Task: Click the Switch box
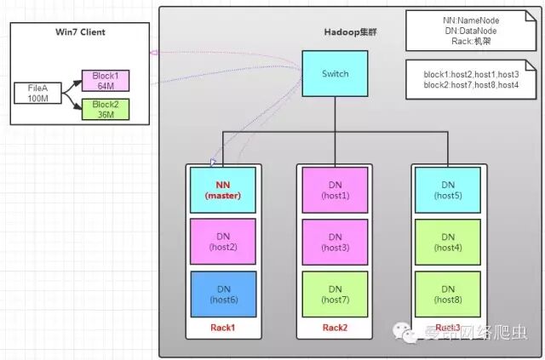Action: [x=335, y=73]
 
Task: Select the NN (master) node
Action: [x=223, y=190]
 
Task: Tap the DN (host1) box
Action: [x=335, y=190]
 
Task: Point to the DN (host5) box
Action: [x=448, y=190]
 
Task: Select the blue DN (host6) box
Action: [x=223, y=294]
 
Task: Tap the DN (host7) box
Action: [x=335, y=294]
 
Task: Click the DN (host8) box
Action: [x=448, y=294]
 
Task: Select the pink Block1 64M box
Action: [x=106, y=80]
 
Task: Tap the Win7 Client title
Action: [x=74, y=33]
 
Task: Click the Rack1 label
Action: [x=223, y=328]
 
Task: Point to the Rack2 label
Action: [x=335, y=328]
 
